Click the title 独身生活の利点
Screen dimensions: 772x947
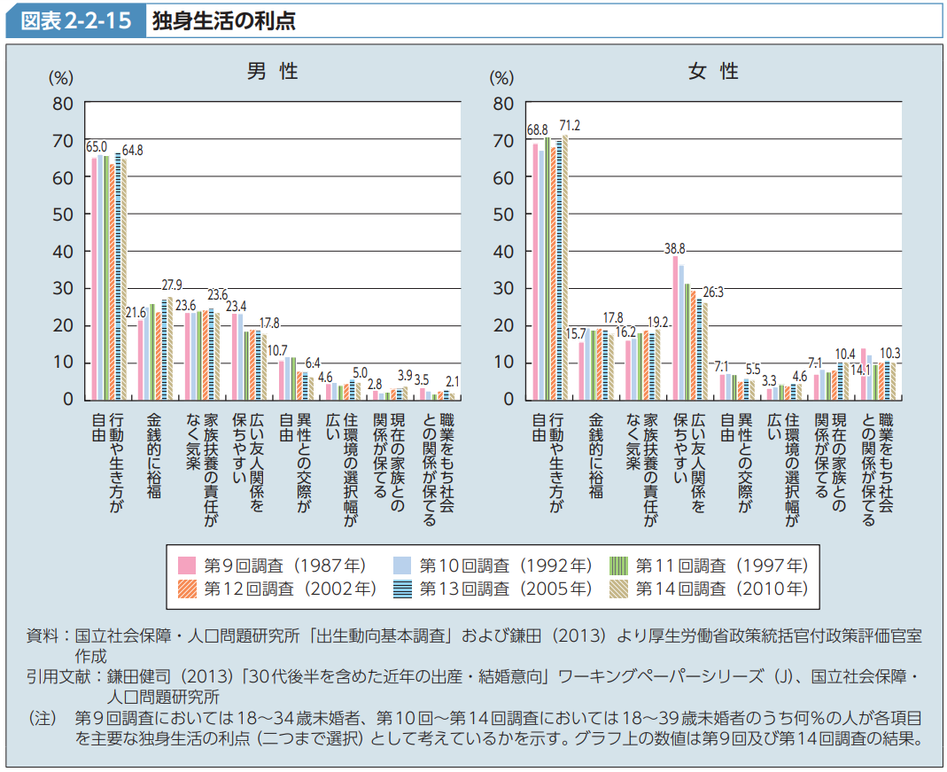pos(223,19)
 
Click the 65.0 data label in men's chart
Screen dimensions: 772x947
pos(97,146)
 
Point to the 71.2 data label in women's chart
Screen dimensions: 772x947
pos(570,126)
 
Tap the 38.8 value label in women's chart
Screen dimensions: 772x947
pos(674,248)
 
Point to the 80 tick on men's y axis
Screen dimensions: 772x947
pos(63,104)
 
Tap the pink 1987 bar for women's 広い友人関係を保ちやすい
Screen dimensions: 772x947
pos(675,327)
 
